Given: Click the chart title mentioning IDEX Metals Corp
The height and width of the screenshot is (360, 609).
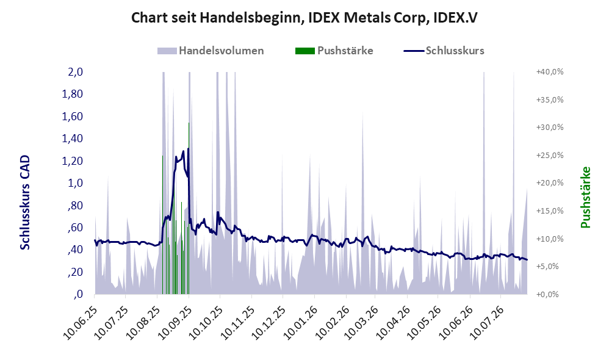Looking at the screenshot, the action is point(304,18).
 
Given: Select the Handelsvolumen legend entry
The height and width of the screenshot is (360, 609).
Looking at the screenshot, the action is point(211,51).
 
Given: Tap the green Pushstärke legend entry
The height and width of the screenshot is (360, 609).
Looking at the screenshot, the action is point(334,51).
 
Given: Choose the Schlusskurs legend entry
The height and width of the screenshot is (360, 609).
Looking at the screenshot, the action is point(444,51).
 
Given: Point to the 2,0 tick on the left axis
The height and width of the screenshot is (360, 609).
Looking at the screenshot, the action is point(75,72).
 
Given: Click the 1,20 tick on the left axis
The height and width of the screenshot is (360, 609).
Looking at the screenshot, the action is point(72,160).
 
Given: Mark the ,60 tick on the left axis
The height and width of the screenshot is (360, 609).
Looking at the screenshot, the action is point(75,227).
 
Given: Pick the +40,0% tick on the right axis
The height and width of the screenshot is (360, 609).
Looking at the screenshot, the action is point(550,72).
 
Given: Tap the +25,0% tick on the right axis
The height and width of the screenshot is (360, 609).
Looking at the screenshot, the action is point(550,156).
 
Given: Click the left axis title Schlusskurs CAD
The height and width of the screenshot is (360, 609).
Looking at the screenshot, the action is point(25,203).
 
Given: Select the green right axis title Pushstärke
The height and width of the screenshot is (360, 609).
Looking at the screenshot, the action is point(585,197).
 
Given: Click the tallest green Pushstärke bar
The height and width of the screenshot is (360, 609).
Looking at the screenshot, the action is point(189,208).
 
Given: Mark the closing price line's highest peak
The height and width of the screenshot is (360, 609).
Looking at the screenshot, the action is point(189,148).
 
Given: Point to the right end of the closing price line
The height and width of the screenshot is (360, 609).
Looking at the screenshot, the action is point(527,259).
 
